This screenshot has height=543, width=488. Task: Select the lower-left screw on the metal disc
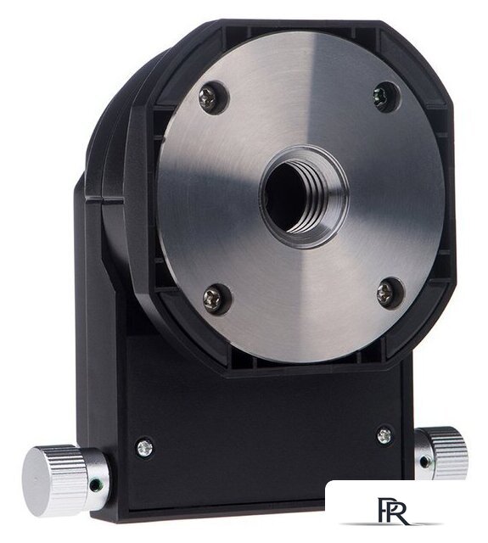click(213, 299)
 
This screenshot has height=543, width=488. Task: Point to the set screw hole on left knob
click(93, 486)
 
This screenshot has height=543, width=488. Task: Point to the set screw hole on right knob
click(423, 462)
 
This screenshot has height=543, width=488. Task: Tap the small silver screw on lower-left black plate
click(145, 448)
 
